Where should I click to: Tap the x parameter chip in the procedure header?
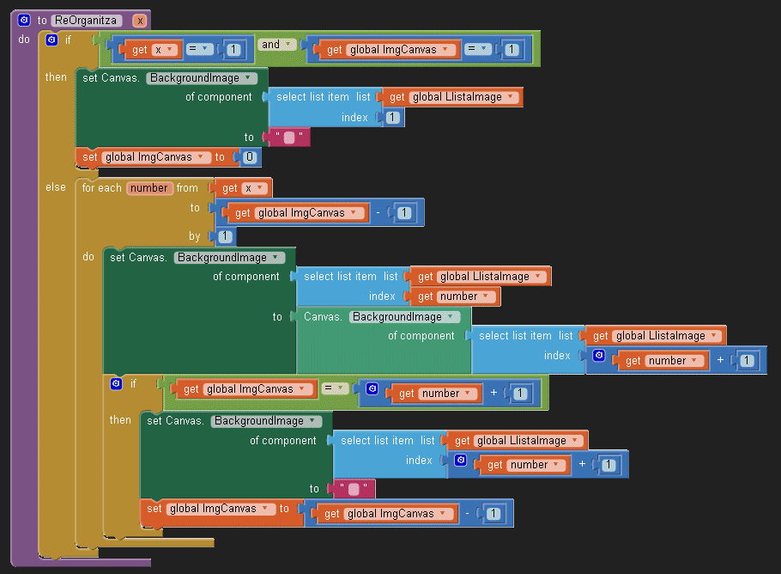[140, 20]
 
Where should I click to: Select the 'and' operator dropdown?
[275, 45]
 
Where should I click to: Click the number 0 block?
[249, 157]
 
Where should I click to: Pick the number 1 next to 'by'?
[225, 236]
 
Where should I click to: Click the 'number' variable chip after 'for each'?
[149, 188]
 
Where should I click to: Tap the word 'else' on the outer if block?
[55, 187]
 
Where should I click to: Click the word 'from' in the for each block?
[187, 188]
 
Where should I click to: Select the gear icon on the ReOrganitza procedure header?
[24, 20]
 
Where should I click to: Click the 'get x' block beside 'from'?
[241, 188]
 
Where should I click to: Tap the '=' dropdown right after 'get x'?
[198, 50]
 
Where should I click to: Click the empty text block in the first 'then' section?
[289, 137]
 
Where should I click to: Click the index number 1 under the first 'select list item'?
[393, 118]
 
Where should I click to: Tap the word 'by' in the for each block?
[195, 236]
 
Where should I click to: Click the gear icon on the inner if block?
[117, 384]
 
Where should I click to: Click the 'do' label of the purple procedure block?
[24, 40]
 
